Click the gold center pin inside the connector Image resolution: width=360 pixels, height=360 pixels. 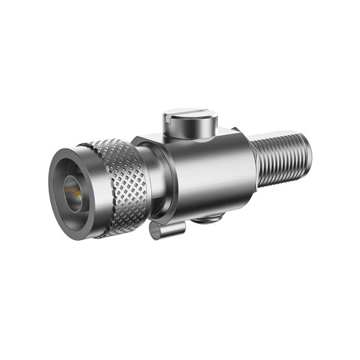click(x=77, y=192)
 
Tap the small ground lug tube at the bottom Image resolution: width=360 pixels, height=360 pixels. click(x=165, y=228)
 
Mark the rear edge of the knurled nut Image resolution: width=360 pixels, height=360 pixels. click(x=144, y=180)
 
